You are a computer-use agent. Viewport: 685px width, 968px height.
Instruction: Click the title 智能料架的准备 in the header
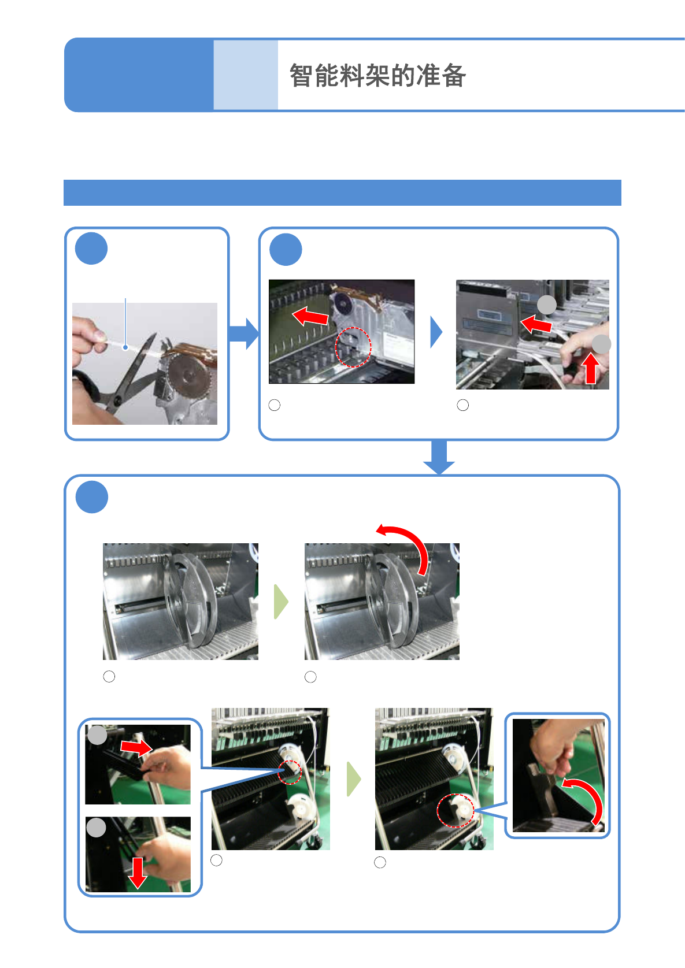coord(377,76)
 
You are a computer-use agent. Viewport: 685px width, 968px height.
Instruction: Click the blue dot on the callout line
coord(125,347)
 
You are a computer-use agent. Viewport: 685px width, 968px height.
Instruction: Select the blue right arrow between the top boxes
coord(244,333)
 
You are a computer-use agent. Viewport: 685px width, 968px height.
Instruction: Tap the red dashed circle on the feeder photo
coord(353,347)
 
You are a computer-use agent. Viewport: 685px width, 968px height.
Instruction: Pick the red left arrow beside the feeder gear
coord(310,316)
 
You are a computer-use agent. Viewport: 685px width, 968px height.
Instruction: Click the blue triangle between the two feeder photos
coord(436,332)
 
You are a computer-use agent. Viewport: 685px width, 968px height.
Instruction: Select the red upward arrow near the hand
coord(591,369)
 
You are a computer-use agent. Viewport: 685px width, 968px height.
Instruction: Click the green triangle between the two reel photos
coord(281,602)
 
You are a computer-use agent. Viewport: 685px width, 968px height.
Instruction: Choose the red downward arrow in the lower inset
coord(138,873)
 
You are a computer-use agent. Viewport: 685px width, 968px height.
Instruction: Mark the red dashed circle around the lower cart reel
coord(456,811)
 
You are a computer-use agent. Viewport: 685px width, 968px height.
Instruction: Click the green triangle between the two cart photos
coord(354,779)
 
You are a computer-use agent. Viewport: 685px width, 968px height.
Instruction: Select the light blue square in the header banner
coord(246,75)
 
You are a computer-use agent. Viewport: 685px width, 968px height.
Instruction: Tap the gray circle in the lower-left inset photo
coord(96,827)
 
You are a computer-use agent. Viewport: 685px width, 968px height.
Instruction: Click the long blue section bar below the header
coord(342,193)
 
